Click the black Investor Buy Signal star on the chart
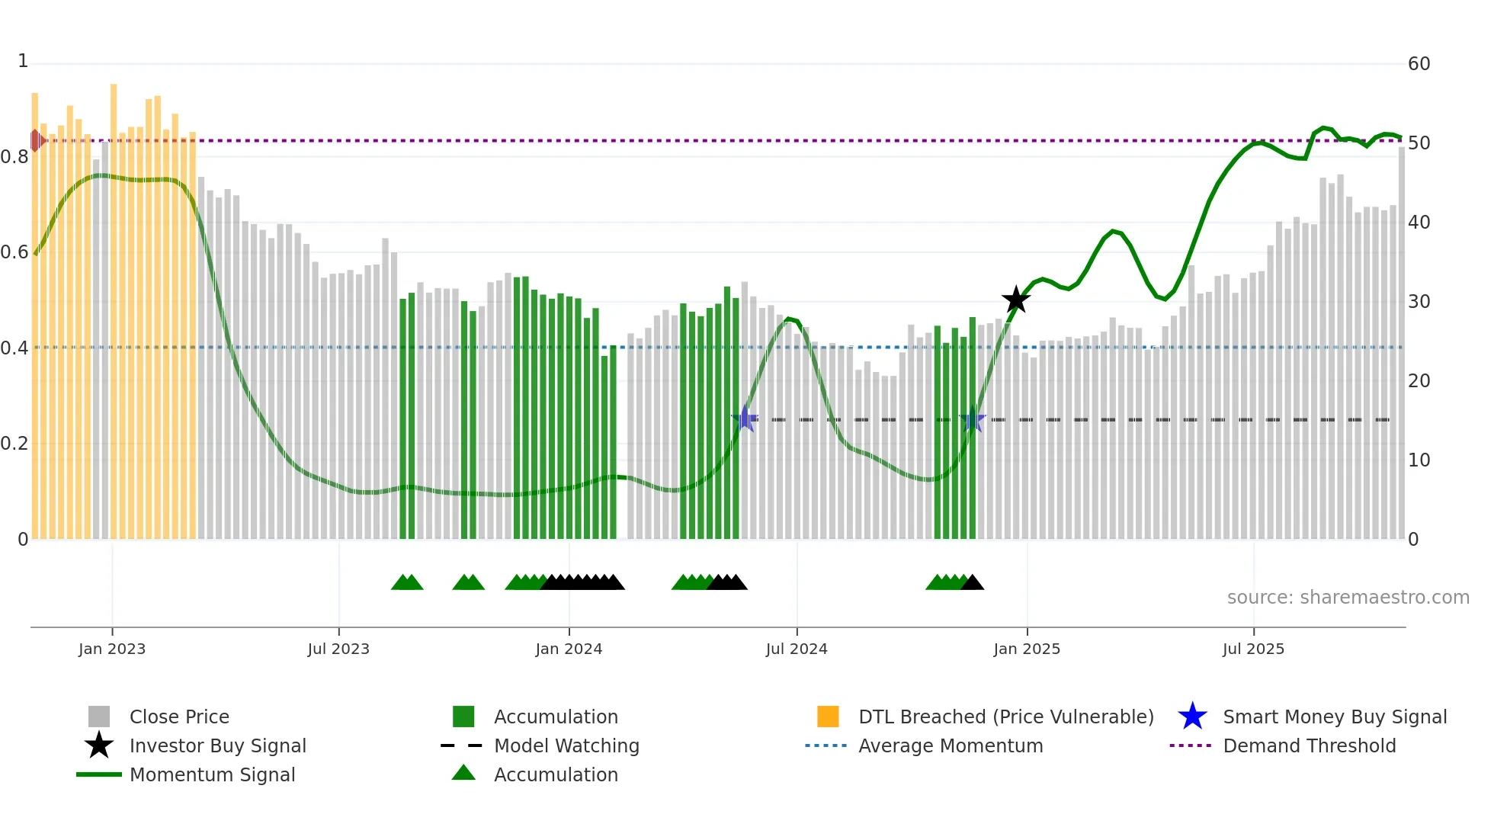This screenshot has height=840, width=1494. pos(1015,300)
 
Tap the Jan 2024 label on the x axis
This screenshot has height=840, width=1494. pos(569,649)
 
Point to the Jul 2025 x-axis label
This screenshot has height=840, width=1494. pos(1253,649)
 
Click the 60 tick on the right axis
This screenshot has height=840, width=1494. pos(1419,64)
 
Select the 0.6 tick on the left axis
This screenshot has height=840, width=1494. pos(14,252)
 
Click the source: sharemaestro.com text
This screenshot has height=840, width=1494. pos(1348,598)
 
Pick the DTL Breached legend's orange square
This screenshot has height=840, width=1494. pos(828,717)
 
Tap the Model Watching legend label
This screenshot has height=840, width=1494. pos(566,746)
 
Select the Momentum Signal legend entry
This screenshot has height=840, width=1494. pos(212,775)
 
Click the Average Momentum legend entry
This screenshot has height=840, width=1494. pos(950,746)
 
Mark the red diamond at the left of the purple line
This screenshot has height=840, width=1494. pos(36,140)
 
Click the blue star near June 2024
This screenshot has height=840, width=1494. pos(745,419)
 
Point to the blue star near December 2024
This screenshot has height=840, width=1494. pos(973,419)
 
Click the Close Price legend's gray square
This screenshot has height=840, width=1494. pos(99,717)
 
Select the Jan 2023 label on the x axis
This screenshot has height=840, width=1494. pos(112,649)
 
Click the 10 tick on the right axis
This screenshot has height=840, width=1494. pos(1419,460)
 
